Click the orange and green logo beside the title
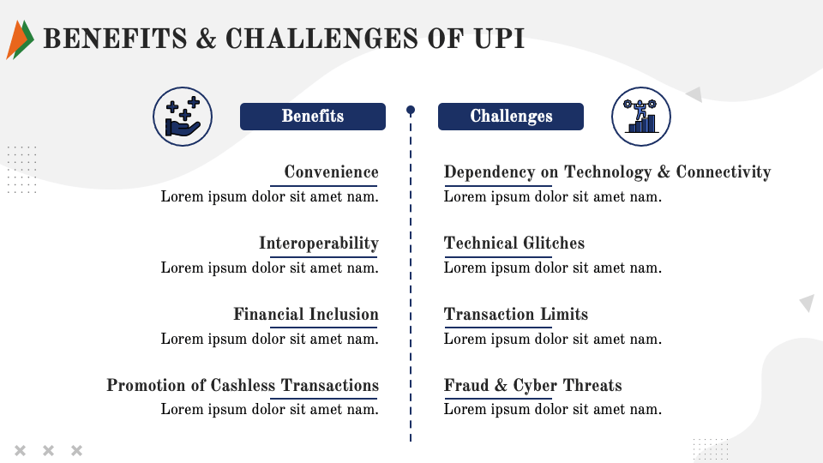pyautogui.click(x=20, y=39)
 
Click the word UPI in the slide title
pyautogui.click(x=499, y=39)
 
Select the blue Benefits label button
pyautogui.click(x=312, y=117)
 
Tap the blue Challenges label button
pyautogui.click(x=511, y=117)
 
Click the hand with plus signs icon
pyautogui.click(x=183, y=116)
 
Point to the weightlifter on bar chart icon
pyautogui.click(x=641, y=117)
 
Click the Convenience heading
pyautogui.click(x=331, y=172)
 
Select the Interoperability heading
pyautogui.click(x=318, y=244)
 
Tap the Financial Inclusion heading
pyautogui.click(x=305, y=315)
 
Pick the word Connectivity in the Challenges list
pyautogui.click(x=724, y=172)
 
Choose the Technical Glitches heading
pyautogui.click(x=514, y=244)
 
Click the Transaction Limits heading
pyautogui.click(x=516, y=315)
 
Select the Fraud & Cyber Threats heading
pyautogui.click(x=532, y=386)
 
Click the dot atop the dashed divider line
pyautogui.click(x=411, y=110)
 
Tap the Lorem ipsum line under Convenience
pyautogui.click(x=269, y=197)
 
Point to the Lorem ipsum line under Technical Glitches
pyautogui.click(x=553, y=268)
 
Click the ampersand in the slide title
pyautogui.click(x=207, y=39)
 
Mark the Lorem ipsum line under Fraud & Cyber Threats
pyautogui.click(x=553, y=410)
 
